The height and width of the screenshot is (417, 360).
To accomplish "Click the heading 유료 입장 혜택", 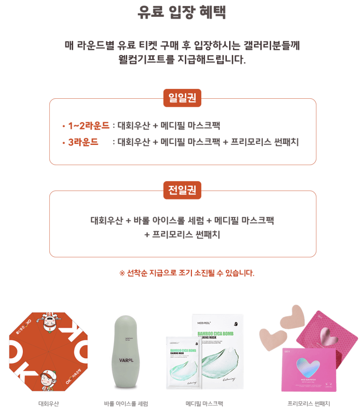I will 182,12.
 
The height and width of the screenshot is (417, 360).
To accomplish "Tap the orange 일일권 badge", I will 182,98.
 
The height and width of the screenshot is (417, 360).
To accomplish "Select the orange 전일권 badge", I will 182,190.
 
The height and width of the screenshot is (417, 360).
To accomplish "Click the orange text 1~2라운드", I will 88,126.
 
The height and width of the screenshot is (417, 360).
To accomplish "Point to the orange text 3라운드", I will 83,142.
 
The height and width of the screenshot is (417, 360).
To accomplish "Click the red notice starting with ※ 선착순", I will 187,273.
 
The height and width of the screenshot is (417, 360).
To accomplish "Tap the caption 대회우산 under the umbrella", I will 48,403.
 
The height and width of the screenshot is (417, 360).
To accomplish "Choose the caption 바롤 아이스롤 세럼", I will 126,403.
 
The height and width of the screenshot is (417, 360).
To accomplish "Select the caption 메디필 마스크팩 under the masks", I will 204,403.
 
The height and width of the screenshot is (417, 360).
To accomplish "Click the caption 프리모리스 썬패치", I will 308,403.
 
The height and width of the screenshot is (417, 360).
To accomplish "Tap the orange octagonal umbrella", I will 48,352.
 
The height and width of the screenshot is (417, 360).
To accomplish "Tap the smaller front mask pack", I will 183,362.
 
